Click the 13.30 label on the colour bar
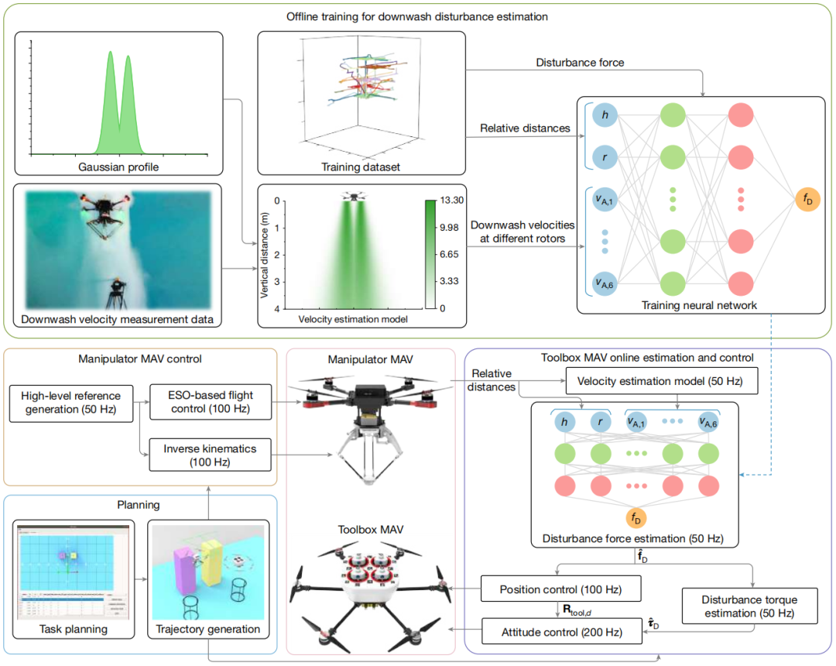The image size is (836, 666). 452,201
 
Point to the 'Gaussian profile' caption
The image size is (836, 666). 118,166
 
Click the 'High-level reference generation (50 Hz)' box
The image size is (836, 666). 71,400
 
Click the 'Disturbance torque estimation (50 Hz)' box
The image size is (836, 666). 749,606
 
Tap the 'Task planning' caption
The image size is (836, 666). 74,630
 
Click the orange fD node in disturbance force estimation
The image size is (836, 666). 636,517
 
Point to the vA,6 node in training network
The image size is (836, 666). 604,283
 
